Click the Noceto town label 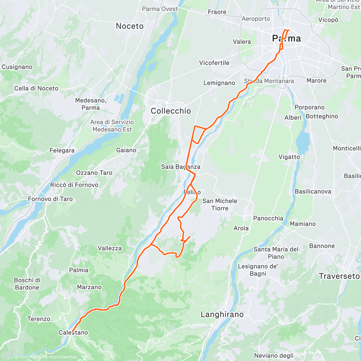tap(130, 26)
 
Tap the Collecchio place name tap(171, 111)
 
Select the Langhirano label tap(222, 315)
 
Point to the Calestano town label tap(73, 332)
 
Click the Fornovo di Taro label tap(50, 199)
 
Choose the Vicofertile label tap(214, 63)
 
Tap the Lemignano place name tap(219, 83)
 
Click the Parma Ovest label tap(160, 9)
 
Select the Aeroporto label tap(256, 19)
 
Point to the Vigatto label tap(289, 157)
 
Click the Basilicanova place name tap(313, 192)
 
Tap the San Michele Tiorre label tap(220, 205)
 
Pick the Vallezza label tap(110, 248)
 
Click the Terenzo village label tap(39, 319)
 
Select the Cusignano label tap(17, 67)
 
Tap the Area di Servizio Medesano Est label tap(112, 126)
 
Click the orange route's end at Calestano tap(73, 331)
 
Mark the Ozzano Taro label tap(94, 173)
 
